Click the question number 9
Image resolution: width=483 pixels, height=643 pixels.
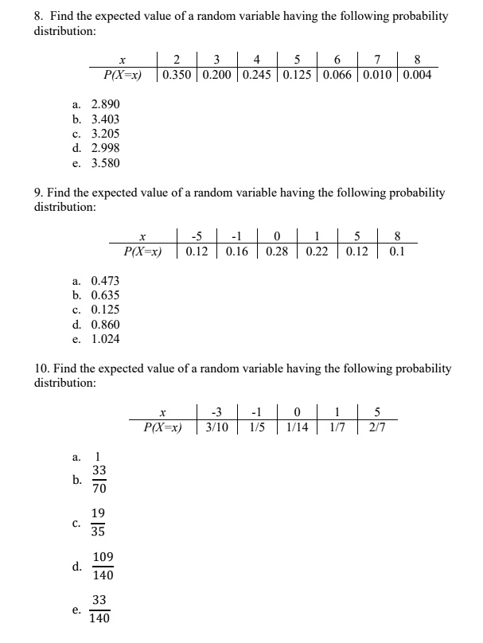click(39, 193)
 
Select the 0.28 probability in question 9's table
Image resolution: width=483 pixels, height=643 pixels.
click(277, 251)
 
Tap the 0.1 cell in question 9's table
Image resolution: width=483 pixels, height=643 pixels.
click(398, 251)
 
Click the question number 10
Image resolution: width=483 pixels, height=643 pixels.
click(42, 368)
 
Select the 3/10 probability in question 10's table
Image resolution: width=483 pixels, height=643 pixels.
click(216, 427)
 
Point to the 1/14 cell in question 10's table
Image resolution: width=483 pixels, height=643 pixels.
click(296, 427)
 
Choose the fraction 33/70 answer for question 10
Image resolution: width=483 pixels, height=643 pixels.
click(99, 480)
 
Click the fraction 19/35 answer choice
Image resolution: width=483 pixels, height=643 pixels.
click(99, 523)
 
